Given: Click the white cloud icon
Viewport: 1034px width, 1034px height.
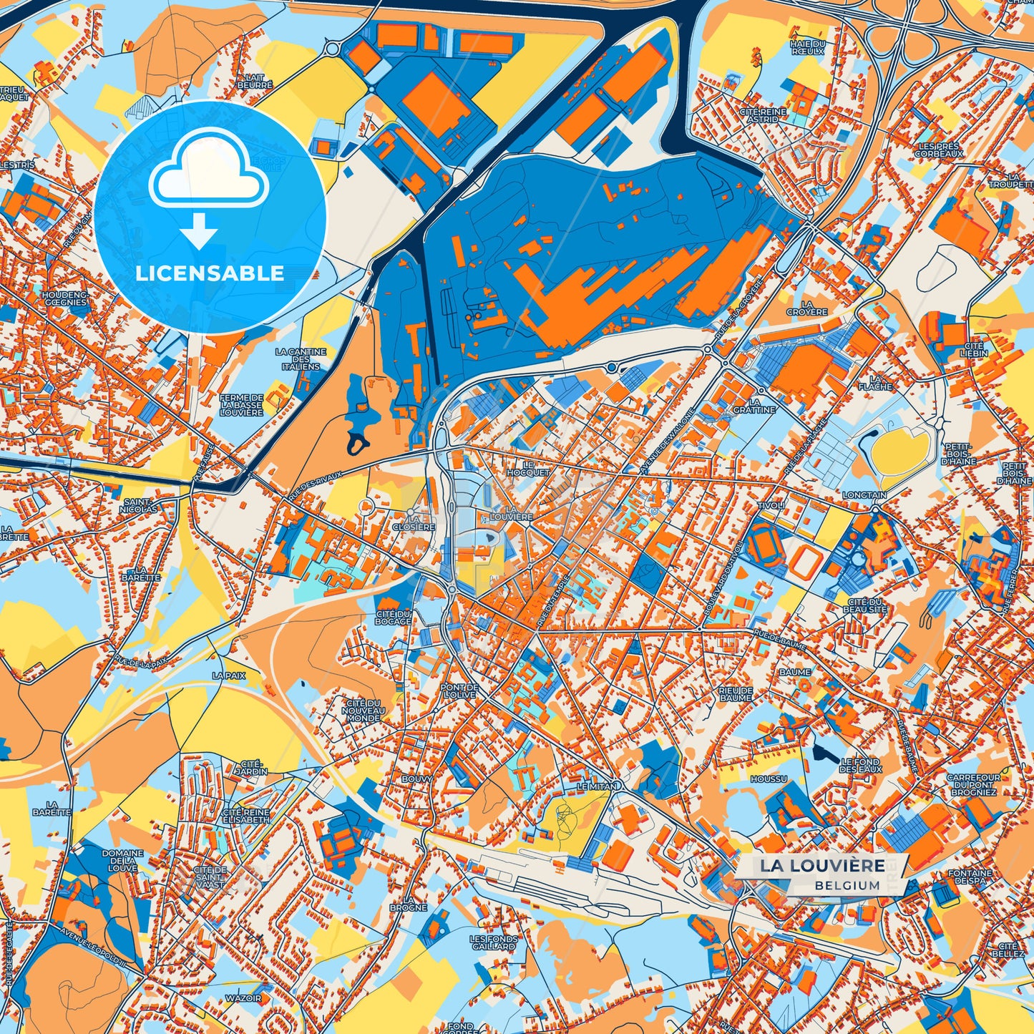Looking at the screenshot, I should pyautogui.click(x=208, y=174).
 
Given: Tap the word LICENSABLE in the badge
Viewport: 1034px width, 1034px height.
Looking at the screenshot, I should pyautogui.click(x=210, y=273).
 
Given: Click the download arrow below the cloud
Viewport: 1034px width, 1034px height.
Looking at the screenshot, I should pyautogui.click(x=200, y=231).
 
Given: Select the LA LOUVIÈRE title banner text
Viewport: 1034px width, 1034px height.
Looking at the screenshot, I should pyautogui.click(x=822, y=865).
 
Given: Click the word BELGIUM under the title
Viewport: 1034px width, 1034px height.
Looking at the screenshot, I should pyautogui.click(x=847, y=885).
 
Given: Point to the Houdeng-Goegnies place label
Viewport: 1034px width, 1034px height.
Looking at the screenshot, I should pyautogui.click(x=65, y=298).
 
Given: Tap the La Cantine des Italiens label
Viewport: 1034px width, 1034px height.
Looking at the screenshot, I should pyautogui.click(x=301, y=359).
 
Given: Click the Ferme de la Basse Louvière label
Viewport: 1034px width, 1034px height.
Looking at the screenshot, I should pyautogui.click(x=242, y=405).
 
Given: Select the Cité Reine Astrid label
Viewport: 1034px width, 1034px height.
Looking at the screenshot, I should pyautogui.click(x=763, y=116).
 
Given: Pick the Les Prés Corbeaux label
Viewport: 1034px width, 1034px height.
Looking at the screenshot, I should pyautogui.click(x=939, y=150).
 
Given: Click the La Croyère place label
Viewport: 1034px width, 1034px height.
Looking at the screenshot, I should pyautogui.click(x=806, y=308).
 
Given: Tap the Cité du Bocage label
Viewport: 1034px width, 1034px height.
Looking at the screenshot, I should pyautogui.click(x=394, y=618).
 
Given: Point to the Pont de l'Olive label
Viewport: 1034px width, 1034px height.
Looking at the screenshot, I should pyautogui.click(x=459, y=691).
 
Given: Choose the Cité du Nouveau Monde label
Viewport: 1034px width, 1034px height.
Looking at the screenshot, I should pyautogui.click(x=364, y=711).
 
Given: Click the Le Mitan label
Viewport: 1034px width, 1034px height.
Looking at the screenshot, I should pyautogui.click(x=597, y=786).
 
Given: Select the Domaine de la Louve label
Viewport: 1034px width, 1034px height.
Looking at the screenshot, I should pyautogui.click(x=122, y=861).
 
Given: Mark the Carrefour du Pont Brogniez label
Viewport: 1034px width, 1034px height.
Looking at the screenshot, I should pyautogui.click(x=973, y=785).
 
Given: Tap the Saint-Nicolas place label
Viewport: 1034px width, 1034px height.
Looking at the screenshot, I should pyautogui.click(x=140, y=506).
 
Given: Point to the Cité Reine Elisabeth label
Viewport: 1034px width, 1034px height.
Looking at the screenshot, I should pyautogui.click(x=246, y=816).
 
